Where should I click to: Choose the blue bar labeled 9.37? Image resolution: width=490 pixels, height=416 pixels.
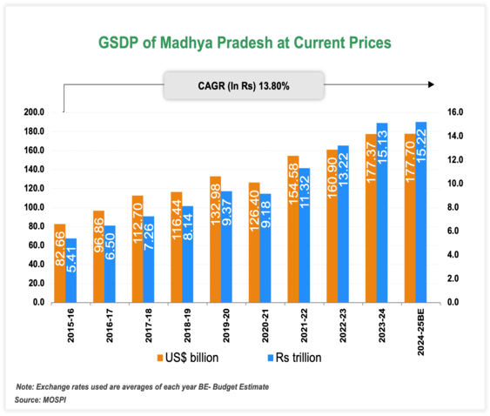click(x=226, y=246)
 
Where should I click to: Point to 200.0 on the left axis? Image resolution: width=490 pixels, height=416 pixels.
click(x=33, y=112)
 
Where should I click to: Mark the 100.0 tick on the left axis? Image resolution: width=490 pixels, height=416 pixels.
click(x=33, y=207)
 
